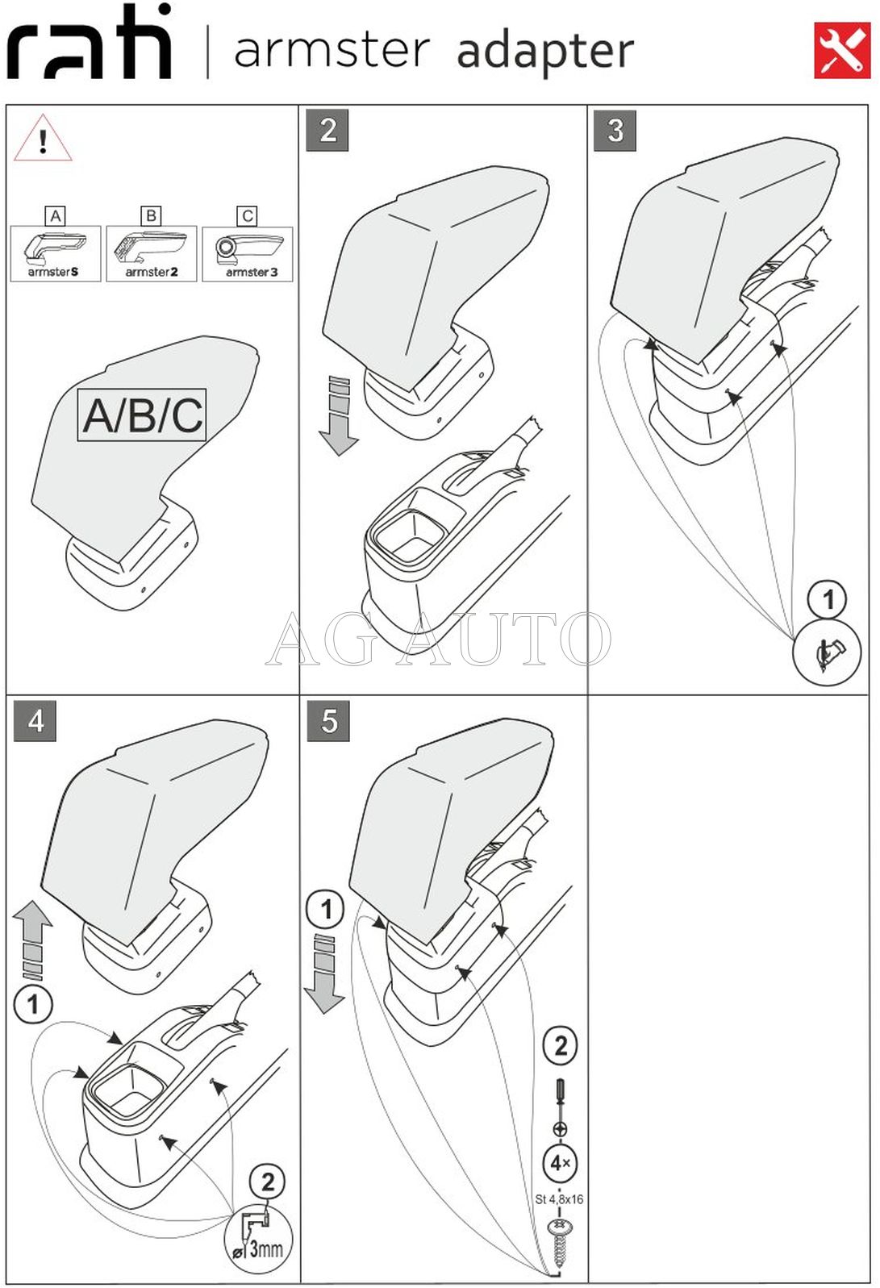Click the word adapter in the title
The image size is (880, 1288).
(545, 52)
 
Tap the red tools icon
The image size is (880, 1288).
(842, 51)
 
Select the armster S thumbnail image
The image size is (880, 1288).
(55, 252)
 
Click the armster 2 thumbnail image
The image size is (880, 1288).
(151, 252)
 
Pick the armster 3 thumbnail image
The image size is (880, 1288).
(248, 252)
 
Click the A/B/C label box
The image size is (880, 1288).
(142, 415)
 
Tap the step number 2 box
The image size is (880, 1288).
(327, 130)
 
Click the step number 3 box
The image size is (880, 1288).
(615, 130)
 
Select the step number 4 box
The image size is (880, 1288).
(35, 720)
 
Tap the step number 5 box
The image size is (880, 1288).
(328, 720)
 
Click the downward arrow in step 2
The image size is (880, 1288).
(339, 416)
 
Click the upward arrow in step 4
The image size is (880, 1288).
(33, 939)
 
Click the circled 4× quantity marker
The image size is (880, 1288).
(559, 1163)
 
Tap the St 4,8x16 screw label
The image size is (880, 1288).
(559, 1199)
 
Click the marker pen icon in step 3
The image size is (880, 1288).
(828, 654)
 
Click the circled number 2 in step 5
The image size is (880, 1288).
(561, 1046)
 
